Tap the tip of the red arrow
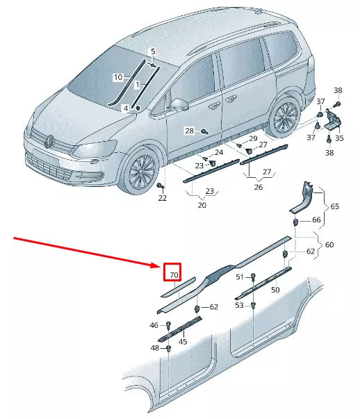point(161,265)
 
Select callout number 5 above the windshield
point(153,51)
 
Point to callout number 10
point(118,76)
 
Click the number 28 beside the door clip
point(188,131)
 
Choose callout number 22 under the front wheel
point(162,198)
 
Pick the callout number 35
point(339,138)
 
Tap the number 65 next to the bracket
point(334,207)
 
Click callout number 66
point(316,220)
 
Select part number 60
point(329,244)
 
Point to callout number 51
point(240,277)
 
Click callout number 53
point(240,305)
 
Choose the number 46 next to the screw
point(154,325)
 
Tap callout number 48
point(154,348)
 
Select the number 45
point(183,340)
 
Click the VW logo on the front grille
point(49,142)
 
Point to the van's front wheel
point(143,172)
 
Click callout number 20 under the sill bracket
point(203,205)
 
